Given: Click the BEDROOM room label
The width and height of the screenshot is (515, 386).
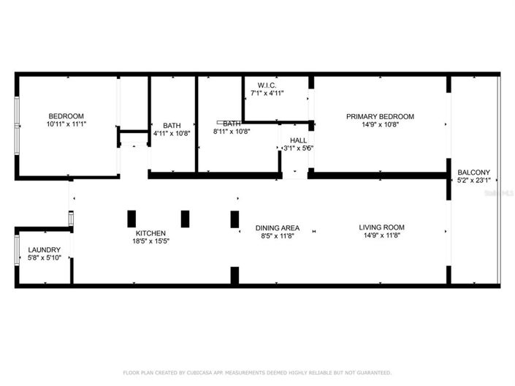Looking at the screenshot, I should pos(66,116).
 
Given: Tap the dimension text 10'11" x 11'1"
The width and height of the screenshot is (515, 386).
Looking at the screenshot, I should pos(66,124).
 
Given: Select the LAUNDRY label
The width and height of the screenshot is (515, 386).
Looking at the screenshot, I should pos(45,250).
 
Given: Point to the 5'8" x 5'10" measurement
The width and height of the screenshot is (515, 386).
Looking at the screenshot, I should pos(45,258).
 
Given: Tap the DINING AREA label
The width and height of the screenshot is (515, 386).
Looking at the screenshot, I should pos(276,227).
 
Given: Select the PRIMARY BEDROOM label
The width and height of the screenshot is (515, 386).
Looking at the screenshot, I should pos(380,116).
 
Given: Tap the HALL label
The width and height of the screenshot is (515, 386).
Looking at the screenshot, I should pos(298,140).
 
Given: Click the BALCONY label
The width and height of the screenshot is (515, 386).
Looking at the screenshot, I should pos(473,173).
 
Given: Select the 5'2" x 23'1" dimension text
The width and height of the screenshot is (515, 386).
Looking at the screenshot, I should pos(473,181).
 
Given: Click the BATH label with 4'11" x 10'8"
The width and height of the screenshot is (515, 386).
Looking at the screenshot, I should pos(172,125).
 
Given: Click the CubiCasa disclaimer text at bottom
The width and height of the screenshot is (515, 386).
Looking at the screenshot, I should pos(257,372).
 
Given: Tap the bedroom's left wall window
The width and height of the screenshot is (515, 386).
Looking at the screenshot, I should pos(18,124).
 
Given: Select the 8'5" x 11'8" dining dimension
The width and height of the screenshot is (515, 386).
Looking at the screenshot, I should pos(276,235).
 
